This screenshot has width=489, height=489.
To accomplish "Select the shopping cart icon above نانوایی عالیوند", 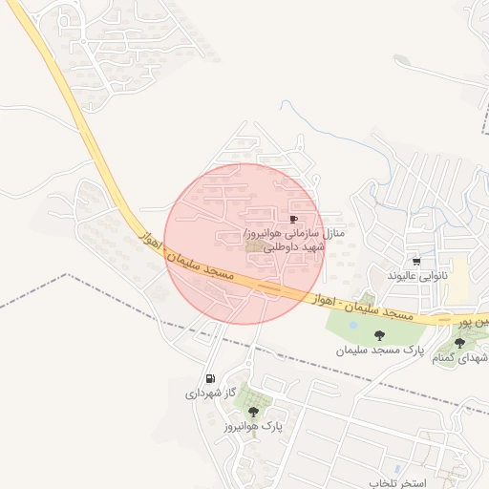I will [x=416, y=261].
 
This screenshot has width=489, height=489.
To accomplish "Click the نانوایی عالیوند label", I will [x=416, y=275].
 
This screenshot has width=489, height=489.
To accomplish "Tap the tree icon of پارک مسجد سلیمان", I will [x=380, y=335].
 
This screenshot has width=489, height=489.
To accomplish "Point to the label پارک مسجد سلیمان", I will [x=379, y=351].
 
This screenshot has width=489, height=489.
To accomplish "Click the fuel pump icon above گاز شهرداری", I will [x=209, y=378].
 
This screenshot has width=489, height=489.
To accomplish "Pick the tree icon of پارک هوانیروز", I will [x=253, y=412].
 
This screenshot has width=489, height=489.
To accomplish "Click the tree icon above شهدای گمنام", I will [x=459, y=343].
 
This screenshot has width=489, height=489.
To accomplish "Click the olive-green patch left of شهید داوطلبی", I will [x=255, y=247].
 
